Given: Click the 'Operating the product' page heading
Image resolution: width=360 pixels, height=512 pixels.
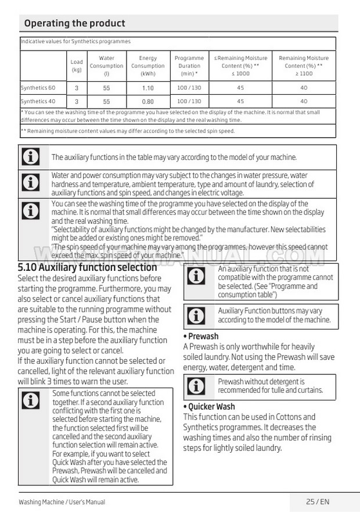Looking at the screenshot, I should point(74,23).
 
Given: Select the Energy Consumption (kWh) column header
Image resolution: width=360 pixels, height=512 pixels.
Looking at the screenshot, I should point(148,66).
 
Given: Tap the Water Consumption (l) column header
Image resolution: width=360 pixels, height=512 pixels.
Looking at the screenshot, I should point(106,66).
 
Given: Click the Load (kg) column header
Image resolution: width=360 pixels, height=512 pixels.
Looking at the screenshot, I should point(77,66).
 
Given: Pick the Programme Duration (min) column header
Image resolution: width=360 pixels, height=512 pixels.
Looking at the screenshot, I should point(189,66).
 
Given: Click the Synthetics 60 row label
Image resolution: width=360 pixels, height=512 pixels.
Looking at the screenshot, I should point(38,88).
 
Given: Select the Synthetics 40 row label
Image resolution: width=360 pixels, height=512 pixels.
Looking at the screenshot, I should point(38,101).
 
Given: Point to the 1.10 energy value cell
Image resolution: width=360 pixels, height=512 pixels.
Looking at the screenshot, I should point(148,88).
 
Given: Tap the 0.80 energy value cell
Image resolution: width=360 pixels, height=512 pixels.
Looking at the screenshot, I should point(148,101).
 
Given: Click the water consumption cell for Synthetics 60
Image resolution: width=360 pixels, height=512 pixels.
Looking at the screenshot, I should point(106,88).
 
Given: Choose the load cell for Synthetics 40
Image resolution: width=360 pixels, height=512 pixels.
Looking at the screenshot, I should point(77,101).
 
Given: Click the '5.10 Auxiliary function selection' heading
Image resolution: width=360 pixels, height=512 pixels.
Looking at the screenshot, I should point(88,267).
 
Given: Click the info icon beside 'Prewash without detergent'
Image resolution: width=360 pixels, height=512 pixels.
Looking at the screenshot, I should point(197,386).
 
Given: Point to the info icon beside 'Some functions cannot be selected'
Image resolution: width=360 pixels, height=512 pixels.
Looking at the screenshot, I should point(30,400).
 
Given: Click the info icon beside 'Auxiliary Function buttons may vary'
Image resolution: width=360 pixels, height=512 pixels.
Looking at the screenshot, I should point(197,316).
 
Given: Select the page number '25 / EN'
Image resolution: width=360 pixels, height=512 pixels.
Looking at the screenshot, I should point(318,502).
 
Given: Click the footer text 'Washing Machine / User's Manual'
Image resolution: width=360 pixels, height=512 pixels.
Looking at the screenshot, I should point(62,502).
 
